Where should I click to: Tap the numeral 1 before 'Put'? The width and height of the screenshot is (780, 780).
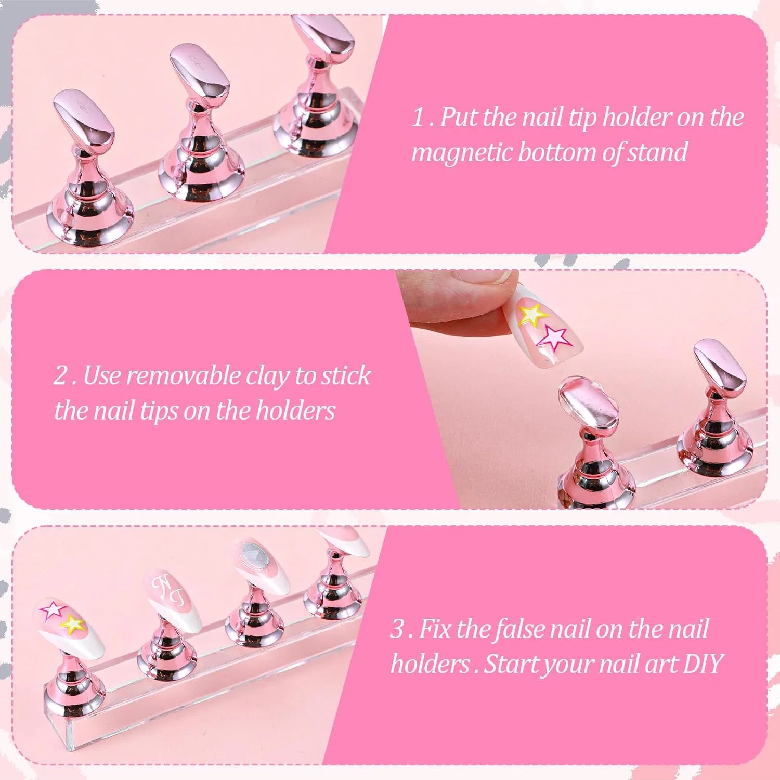coord(418,118)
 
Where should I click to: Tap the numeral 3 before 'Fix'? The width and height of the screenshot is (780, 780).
coord(397,630)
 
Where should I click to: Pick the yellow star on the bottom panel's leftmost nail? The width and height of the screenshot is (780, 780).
coord(73,623)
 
